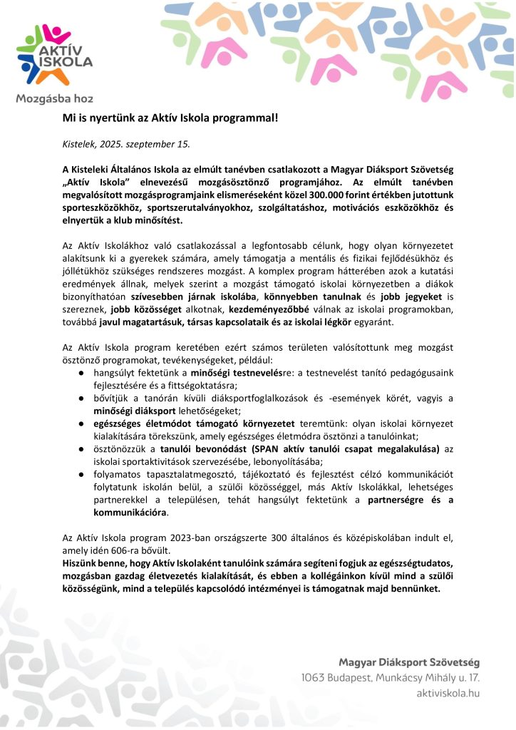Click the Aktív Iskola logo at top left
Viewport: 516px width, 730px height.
pos(54,53)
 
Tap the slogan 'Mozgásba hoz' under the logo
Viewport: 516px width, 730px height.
pos(54,98)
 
